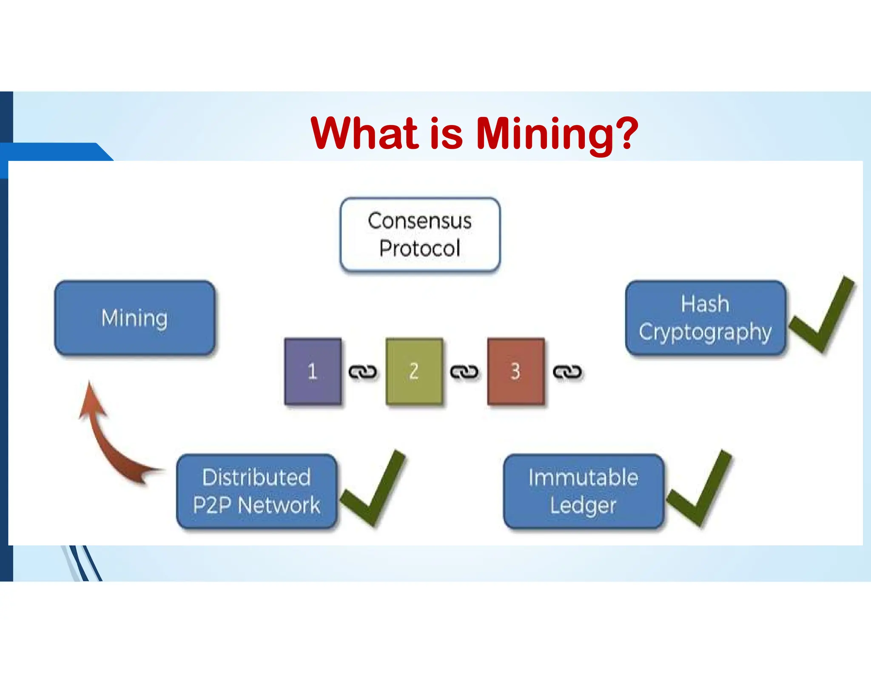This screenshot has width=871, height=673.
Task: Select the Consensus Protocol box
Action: click(x=420, y=234)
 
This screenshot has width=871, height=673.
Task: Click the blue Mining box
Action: click(x=134, y=318)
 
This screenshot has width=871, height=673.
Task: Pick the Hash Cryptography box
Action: click(x=705, y=318)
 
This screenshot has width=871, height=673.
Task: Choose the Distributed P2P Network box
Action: click(x=256, y=491)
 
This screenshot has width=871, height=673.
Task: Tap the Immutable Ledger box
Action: click(x=583, y=491)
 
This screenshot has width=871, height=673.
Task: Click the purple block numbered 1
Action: click(x=313, y=371)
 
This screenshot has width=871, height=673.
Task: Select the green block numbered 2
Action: click(x=414, y=371)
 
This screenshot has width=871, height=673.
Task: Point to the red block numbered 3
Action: click(x=515, y=371)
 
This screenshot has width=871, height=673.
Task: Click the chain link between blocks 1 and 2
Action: click(x=363, y=372)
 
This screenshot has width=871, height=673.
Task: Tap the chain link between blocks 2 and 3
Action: click(x=464, y=372)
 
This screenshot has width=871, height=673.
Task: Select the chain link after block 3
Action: click(x=567, y=372)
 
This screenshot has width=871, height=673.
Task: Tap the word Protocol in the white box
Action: click(x=420, y=248)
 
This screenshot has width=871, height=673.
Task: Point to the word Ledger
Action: click(x=583, y=506)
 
